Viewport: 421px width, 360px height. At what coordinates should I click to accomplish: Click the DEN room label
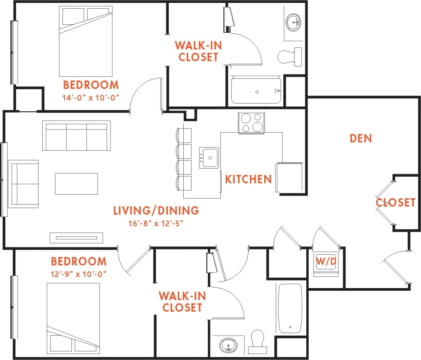coord(361,138)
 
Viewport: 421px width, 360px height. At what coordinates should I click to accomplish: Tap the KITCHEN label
coord(248,179)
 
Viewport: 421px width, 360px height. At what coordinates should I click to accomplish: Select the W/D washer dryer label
coord(326,261)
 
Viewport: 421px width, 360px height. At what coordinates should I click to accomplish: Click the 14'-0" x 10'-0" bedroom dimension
coord(91,98)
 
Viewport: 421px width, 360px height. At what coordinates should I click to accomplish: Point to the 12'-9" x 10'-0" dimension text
coord(79,274)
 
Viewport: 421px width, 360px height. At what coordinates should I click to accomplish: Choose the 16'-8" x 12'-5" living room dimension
coord(156,224)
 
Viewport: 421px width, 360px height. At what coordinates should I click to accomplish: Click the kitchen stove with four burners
coord(251,122)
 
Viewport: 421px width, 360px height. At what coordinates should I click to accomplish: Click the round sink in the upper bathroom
coord(294,22)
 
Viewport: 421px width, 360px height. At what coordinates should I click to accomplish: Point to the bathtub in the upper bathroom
coord(256,90)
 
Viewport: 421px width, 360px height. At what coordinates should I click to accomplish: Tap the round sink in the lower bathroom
coord(228,345)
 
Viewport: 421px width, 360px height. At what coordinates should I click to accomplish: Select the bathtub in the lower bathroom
coord(290,308)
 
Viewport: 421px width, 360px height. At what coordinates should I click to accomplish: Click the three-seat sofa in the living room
coord(76,136)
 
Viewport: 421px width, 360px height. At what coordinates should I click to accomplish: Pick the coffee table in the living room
coord(76,184)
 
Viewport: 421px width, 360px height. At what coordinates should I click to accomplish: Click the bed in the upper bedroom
coord(86,41)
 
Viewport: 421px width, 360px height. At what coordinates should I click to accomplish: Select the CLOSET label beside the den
coord(396,203)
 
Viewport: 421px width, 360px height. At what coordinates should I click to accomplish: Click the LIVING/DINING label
coord(156,211)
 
